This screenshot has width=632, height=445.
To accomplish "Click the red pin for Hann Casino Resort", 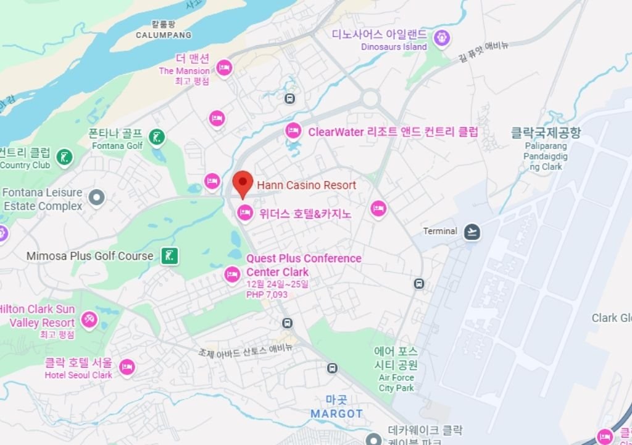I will tap(243, 182).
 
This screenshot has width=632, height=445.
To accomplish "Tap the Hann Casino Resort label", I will tap(306, 185).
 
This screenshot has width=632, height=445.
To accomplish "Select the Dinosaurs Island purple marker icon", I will tap(441, 38).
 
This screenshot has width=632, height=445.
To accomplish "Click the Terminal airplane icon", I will tap(472, 232).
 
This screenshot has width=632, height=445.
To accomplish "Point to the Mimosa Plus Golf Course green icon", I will tap(170, 255).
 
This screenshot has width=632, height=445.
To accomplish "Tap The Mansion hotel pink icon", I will tap(224, 67).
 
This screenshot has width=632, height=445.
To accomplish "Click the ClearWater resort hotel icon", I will tap(293, 131).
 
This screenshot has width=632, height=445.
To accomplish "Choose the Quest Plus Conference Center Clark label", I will tap(304, 265).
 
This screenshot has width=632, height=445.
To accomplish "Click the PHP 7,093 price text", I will tap(267, 294).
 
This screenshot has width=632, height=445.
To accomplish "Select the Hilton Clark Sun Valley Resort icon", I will tap(89, 320).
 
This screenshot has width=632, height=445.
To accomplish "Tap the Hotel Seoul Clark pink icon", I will tap(127, 367).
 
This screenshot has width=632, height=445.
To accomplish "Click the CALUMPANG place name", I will tap(164, 35).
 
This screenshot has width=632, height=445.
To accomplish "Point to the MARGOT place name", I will tap(336, 413).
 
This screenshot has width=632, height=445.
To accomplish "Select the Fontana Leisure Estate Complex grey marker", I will tap(96, 198).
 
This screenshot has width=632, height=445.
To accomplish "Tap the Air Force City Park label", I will tap(396, 383).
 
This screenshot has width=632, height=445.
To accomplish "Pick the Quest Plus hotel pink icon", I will tap(232, 274).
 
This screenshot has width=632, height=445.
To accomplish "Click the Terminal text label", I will tap(440, 231).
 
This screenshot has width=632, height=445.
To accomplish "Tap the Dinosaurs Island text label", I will tap(394, 47).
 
